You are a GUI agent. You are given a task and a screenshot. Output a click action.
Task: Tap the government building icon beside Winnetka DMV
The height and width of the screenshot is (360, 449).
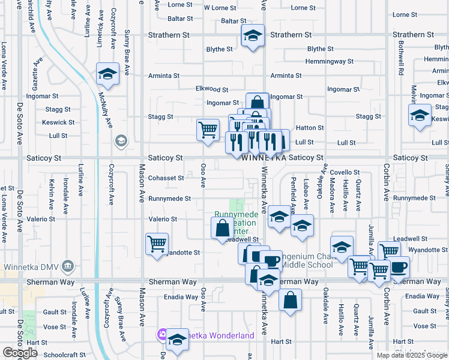(67, 266)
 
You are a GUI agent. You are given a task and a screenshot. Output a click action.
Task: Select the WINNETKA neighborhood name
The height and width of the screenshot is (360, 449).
(264, 157)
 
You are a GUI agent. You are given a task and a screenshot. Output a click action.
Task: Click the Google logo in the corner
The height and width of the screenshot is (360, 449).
(20, 353)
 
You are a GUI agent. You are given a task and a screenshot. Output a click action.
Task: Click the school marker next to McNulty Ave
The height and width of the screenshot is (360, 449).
(108, 74)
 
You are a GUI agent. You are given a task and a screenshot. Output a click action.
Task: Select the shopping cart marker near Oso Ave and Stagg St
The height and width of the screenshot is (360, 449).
(208, 128)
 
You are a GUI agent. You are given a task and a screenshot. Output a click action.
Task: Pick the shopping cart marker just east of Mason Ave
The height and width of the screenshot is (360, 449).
(157, 244)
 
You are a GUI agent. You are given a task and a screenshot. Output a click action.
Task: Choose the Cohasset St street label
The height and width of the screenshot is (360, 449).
(166, 178)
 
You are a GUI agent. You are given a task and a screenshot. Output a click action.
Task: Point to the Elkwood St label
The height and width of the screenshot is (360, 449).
(212, 89)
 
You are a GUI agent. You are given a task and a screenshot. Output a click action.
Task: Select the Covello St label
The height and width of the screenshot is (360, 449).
(344, 172)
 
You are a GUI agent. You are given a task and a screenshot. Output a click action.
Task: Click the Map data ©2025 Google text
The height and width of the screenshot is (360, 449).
(411, 355)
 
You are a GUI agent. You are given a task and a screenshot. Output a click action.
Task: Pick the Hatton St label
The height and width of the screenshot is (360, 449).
(310, 128)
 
